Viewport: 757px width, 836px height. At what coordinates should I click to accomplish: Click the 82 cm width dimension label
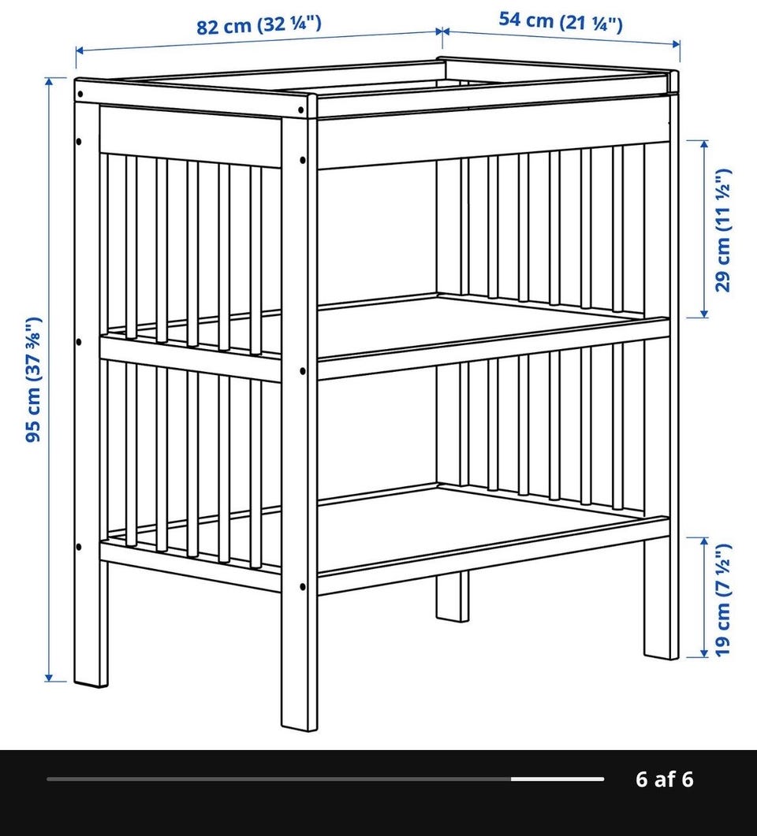click(259, 25)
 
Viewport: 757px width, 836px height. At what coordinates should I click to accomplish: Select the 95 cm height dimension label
click(33, 379)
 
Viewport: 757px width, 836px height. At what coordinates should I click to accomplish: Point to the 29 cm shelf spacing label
click(723, 230)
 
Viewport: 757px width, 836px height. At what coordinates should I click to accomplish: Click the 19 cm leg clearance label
click(722, 600)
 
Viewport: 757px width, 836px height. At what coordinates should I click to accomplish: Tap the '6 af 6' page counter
click(664, 779)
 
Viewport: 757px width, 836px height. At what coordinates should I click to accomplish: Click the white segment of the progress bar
click(557, 779)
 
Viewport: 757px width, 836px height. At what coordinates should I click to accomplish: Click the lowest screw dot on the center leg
click(303, 587)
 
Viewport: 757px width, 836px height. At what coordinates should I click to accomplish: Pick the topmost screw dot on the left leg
click(80, 95)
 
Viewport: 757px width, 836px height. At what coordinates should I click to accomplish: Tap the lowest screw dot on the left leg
click(79, 547)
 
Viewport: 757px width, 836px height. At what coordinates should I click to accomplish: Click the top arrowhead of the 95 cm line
click(49, 82)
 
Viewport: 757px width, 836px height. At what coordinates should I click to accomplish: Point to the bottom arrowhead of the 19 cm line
click(704, 652)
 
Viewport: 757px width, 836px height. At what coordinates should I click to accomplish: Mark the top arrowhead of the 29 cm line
click(704, 144)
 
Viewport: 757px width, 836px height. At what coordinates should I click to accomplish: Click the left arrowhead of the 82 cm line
click(80, 50)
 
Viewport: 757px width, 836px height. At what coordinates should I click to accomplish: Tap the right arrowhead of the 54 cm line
click(675, 43)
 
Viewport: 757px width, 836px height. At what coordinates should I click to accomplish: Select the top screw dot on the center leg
click(301, 110)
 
